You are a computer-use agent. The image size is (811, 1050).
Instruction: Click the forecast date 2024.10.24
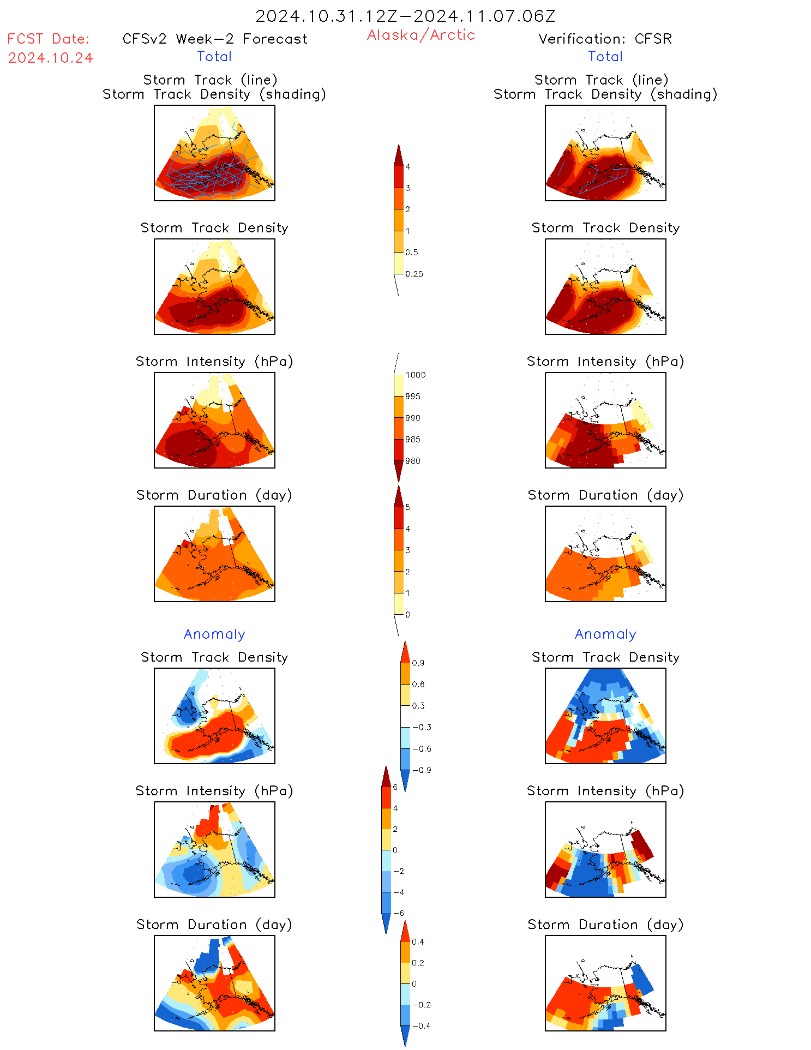click(50, 58)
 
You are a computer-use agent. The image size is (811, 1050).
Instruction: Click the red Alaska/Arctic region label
click(420, 35)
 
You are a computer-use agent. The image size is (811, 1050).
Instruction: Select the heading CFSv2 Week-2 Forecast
click(215, 39)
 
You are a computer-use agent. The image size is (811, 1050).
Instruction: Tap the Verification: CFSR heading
click(605, 39)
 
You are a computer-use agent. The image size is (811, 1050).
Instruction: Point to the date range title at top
click(405, 16)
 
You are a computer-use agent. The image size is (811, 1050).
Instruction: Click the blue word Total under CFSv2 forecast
click(214, 56)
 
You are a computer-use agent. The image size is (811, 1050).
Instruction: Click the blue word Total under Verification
click(605, 56)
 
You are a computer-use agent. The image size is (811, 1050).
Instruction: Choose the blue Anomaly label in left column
click(214, 634)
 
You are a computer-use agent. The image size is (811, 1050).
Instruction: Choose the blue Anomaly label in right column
click(605, 634)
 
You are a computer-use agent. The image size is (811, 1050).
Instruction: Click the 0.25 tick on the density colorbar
click(414, 274)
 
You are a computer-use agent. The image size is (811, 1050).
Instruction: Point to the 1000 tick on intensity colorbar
click(415, 375)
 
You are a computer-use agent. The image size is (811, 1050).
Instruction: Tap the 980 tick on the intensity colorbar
click(413, 461)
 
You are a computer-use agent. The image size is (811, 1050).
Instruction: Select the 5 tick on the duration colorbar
click(408, 507)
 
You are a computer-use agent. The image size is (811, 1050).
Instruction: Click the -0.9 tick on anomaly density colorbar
click(422, 770)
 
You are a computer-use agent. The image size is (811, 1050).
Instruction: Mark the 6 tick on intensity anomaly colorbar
click(395, 787)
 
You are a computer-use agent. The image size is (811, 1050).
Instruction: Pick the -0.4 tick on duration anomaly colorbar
click(421, 1025)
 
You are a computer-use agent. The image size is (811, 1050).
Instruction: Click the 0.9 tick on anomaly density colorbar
click(418, 663)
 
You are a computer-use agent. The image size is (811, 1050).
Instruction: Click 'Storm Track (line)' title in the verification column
click(601, 80)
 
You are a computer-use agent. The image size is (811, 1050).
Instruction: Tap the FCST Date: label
click(48, 39)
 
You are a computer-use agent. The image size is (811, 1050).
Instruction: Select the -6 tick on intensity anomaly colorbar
click(399, 913)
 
